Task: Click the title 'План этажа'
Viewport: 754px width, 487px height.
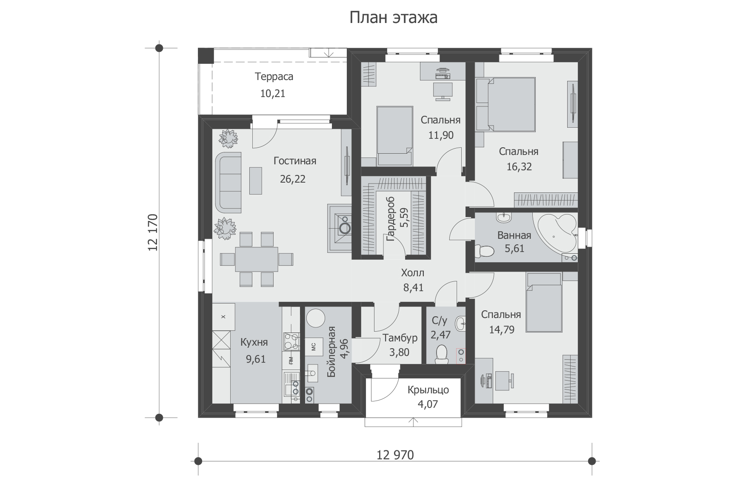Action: [x=393, y=18]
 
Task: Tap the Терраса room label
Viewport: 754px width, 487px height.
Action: [x=274, y=77]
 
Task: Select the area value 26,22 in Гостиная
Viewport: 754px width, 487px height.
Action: [x=293, y=179]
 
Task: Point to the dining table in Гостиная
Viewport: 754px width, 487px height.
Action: [x=257, y=259]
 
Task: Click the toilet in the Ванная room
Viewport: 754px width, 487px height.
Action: [x=484, y=251]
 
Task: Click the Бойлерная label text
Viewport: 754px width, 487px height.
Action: [x=332, y=352]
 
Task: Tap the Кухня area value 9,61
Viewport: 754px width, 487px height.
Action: [x=256, y=359]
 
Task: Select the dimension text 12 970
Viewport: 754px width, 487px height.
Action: [x=395, y=455]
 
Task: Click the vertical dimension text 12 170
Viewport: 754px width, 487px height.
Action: [x=152, y=232]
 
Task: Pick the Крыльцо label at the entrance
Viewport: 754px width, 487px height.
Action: [x=428, y=390]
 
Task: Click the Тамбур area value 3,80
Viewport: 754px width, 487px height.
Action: [x=400, y=352]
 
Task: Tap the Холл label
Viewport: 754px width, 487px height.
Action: [x=413, y=273]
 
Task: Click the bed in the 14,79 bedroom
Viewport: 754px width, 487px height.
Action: [x=544, y=302]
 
